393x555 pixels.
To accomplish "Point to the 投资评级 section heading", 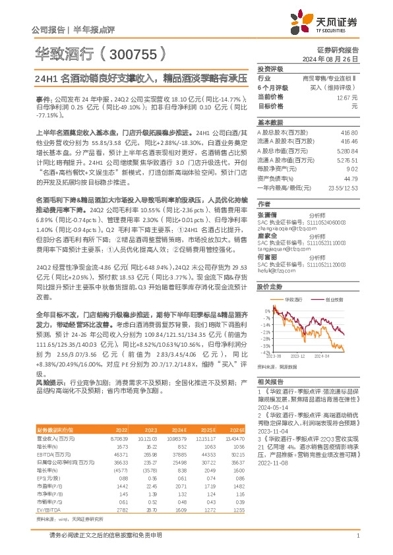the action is pos(270,69).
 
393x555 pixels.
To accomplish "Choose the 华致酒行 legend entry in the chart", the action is pos(293,299).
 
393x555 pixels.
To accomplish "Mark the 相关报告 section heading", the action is pos(270,382).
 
